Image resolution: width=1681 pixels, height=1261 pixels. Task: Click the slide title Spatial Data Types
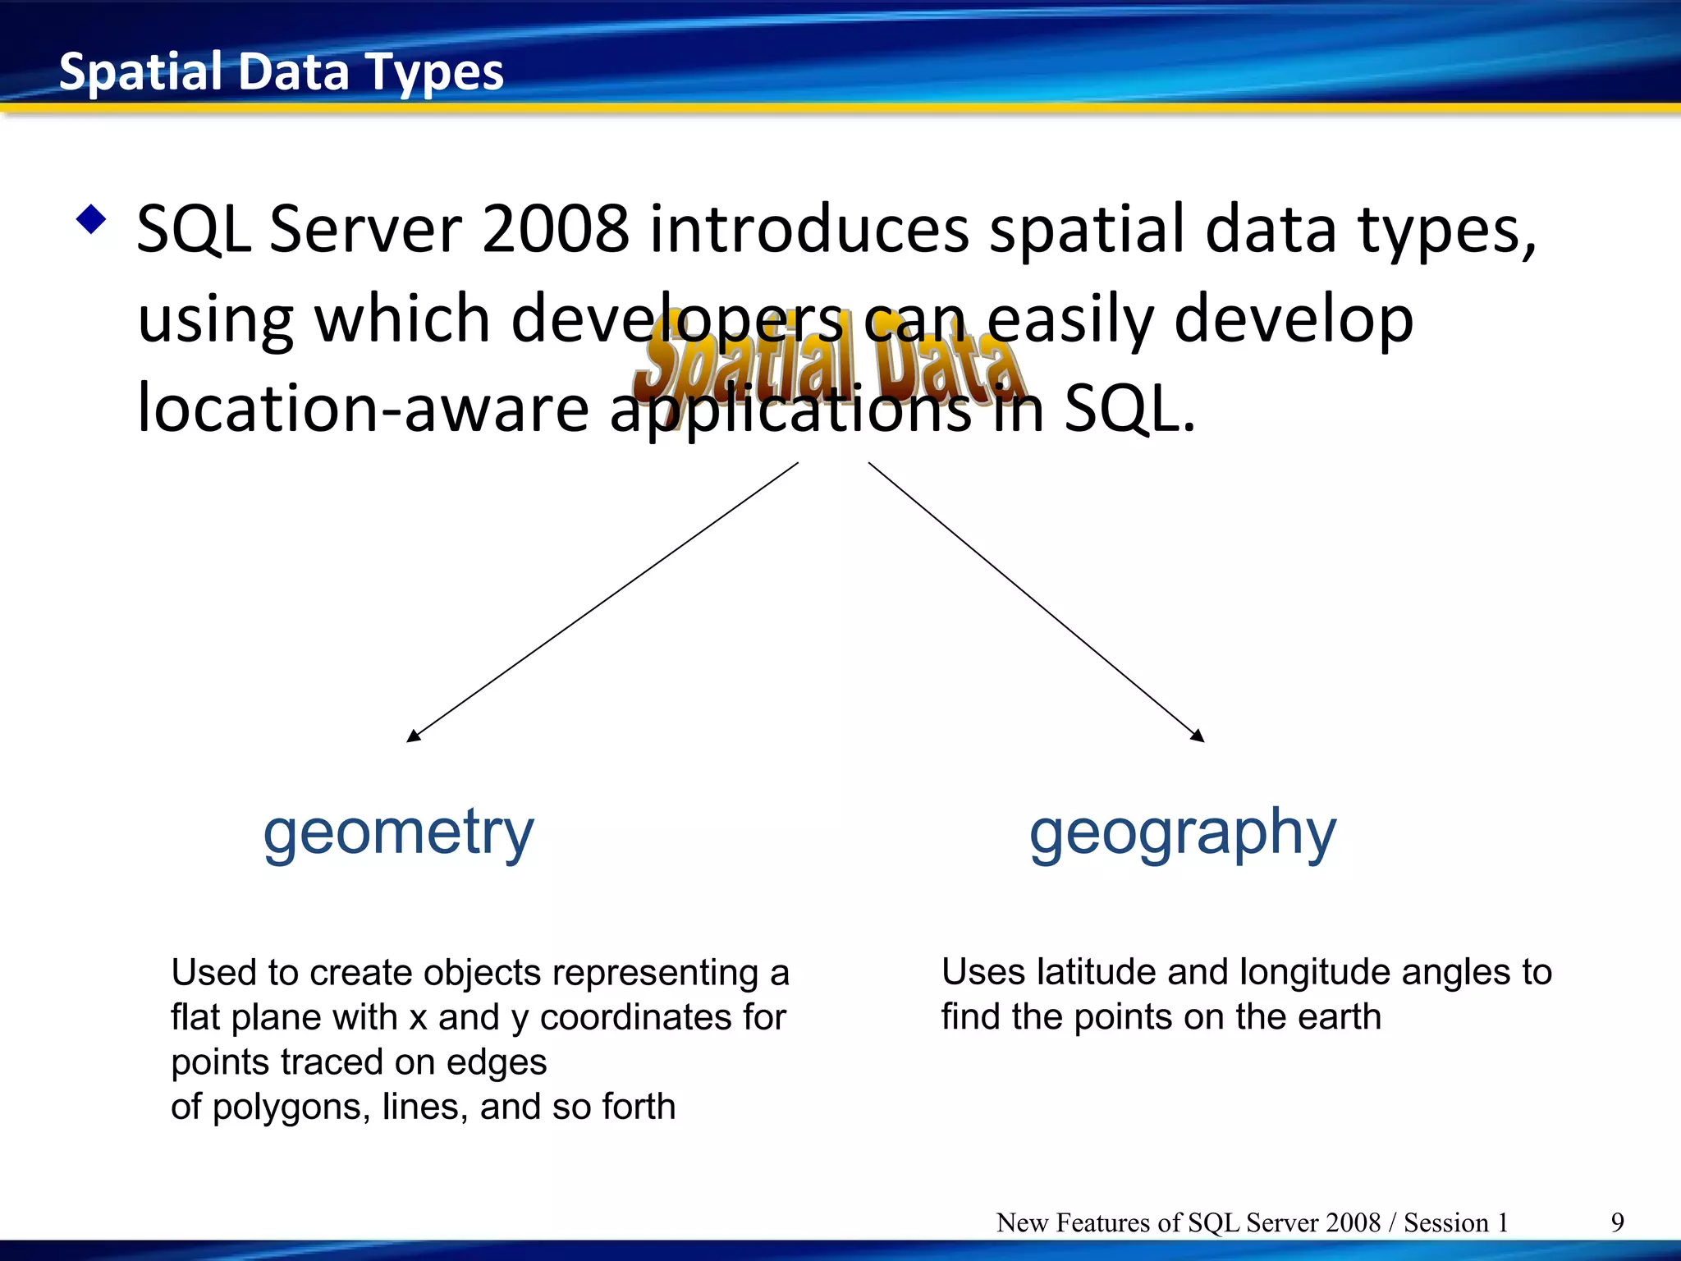(281, 72)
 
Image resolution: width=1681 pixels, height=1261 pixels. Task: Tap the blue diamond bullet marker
(90, 219)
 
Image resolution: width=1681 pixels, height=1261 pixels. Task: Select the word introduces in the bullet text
(809, 229)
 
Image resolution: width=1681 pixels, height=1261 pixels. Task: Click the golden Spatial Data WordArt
(829, 365)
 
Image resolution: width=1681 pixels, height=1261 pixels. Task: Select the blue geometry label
(398, 832)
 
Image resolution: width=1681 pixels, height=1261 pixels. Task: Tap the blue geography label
(1182, 832)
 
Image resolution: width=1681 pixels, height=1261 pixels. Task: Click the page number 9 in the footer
(1617, 1222)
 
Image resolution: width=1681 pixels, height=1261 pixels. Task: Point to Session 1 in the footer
(1455, 1222)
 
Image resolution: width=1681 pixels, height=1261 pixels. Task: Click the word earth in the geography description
(1340, 1017)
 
